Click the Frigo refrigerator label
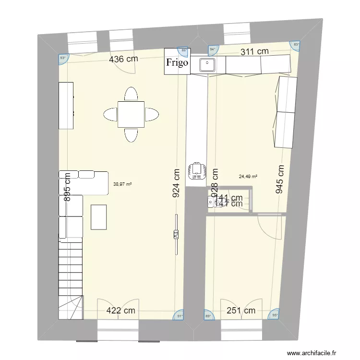pyautogui.click(x=177, y=62)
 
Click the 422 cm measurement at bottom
pyautogui.click(x=120, y=311)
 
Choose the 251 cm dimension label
pyautogui.click(x=241, y=311)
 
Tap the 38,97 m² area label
pyautogui.click(x=122, y=183)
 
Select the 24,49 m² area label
pyautogui.click(x=248, y=176)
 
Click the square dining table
pyautogui.click(x=131, y=114)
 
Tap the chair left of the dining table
pyautogui.click(x=110, y=115)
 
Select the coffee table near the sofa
pyautogui.click(x=99, y=217)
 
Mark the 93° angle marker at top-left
pyautogui.click(x=63, y=58)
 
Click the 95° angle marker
pyautogui.click(x=275, y=315)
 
